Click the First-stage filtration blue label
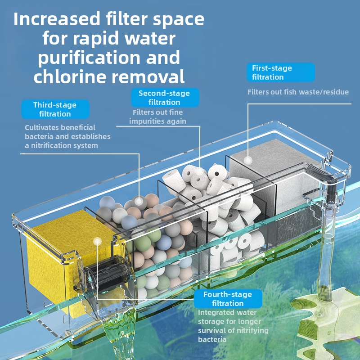280,72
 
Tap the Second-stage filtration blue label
164,98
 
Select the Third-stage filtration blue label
55,109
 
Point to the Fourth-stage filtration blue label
228,299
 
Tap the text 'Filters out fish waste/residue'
298,92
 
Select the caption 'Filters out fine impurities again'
157,117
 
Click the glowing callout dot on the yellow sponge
97,242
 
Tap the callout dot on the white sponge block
248,160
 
